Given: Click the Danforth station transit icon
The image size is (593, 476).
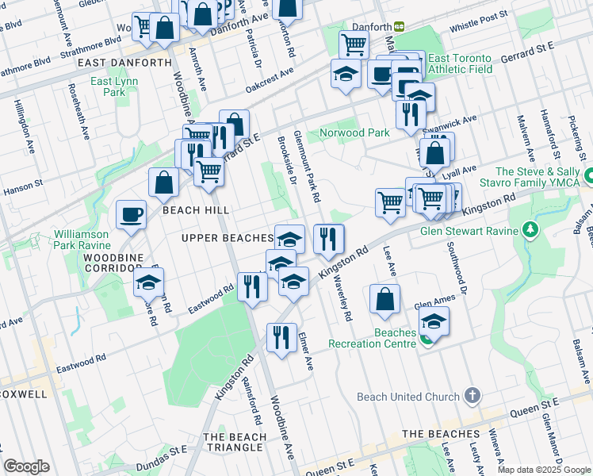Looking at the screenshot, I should tap(400, 26).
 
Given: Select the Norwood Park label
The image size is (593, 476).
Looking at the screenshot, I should tap(354, 132).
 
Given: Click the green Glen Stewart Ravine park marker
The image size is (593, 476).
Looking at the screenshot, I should tap(531, 231).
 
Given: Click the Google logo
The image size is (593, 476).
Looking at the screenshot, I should tap(27, 466).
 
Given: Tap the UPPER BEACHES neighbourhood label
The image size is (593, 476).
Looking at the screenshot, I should tap(227, 238).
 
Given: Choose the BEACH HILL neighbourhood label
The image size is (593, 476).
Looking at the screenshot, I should tap(196, 210).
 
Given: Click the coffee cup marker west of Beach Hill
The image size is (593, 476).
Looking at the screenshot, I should tap(131, 214).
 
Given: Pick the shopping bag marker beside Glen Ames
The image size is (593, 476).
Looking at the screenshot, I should tap(384, 299).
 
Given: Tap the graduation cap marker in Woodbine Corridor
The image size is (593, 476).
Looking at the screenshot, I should tap(148, 283).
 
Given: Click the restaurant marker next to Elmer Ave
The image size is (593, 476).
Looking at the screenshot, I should tap(281, 337).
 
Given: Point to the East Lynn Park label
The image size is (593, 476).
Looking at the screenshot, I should tap(114, 86).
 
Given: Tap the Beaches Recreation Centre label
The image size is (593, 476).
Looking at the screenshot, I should tap(383, 338).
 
